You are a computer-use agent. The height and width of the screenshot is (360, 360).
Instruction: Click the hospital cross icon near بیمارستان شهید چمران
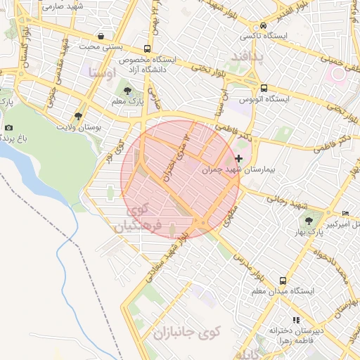(x=240, y=158)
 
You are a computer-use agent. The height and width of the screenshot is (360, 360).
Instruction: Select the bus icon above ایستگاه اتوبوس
(x=264, y=89)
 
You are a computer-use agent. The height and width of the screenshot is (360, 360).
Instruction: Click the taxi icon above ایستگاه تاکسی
(x=262, y=23)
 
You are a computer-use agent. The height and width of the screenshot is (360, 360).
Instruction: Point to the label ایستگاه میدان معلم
(x=283, y=290)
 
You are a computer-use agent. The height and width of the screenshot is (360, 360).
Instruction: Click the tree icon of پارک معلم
(x=127, y=91)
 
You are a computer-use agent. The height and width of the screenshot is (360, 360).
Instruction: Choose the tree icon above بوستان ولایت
(x=78, y=116)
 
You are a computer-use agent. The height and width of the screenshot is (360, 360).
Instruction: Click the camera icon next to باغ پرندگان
(x=8, y=127)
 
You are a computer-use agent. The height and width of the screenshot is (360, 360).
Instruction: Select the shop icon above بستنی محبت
(x=102, y=36)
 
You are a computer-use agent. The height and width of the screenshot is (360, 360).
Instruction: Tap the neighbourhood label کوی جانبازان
(x=186, y=331)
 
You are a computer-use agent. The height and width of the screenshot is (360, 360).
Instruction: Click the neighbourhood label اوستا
(x=103, y=72)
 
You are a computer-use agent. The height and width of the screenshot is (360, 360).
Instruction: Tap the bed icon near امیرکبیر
(x=345, y=214)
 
